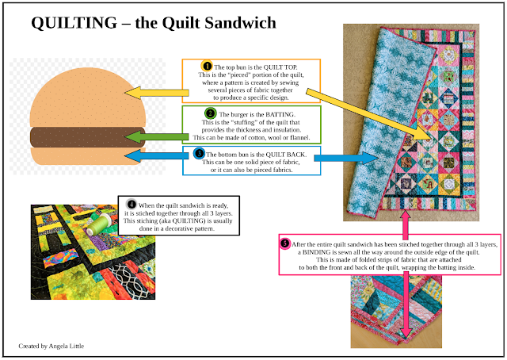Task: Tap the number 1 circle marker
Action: coord(207,66)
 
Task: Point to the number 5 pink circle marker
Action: coord(285,243)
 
